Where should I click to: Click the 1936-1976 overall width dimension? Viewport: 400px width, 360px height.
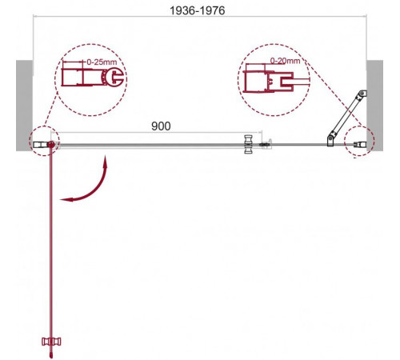coord(198,10)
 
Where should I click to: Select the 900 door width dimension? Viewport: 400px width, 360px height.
coord(161,126)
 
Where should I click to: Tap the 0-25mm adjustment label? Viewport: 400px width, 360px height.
coord(102,62)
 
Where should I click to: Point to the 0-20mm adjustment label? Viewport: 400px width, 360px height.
coord(285,61)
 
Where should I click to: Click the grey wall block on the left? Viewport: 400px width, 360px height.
coord(25,106)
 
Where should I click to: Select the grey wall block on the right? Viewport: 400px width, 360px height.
coord(375,106)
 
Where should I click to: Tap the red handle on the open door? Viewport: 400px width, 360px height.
coord(51,342)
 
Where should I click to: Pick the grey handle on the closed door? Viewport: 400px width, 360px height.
coord(249,144)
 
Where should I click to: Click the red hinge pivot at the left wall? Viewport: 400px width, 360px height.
coord(51,145)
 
